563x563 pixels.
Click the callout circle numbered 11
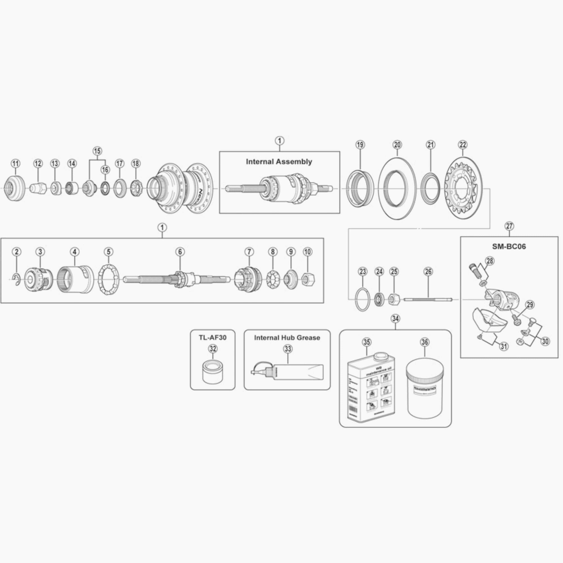pyautogui.click(x=15, y=164)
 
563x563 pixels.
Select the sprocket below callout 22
pyautogui.click(x=463, y=189)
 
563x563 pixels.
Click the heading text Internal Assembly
pyautogui.click(x=279, y=162)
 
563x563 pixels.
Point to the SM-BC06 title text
pyautogui.click(x=509, y=246)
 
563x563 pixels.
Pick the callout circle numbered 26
pyautogui.click(x=428, y=272)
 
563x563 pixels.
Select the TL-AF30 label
pyautogui.click(x=212, y=338)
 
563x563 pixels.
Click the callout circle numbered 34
pyautogui.click(x=396, y=319)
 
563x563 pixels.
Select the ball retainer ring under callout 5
pyautogui.click(x=108, y=280)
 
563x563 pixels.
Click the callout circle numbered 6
pyautogui.click(x=180, y=251)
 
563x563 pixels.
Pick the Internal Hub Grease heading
pyautogui.click(x=287, y=338)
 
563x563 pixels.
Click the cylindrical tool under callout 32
pyautogui.click(x=213, y=372)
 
